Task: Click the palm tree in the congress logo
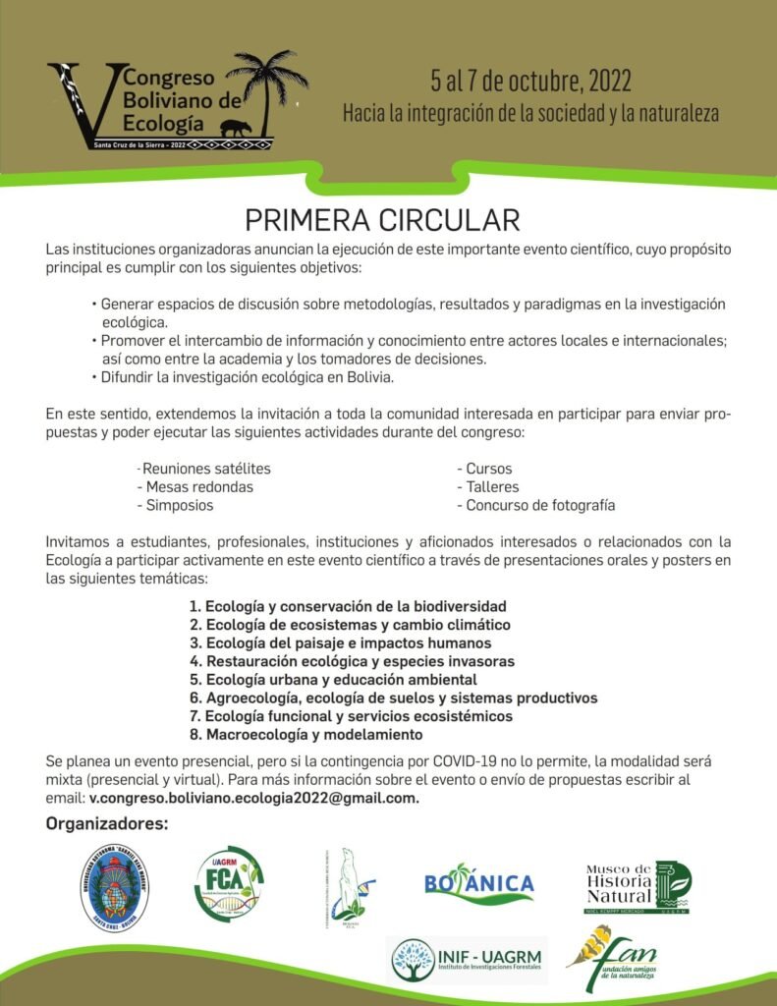click(266, 84)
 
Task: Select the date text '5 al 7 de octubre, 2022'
click(530, 81)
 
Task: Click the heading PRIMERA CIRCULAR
click(382, 219)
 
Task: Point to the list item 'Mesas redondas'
click(194, 487)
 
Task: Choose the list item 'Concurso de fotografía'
click(535, 506)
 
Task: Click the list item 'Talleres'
click(487, 487)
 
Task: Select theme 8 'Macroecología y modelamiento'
click(305, 735)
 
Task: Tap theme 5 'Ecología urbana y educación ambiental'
click(333, 680)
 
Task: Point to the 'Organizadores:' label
click(107, 823)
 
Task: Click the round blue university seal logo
click(114, 885)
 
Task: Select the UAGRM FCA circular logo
click(228, 884)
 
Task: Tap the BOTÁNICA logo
click(479, 883)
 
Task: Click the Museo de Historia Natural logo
click(638, 887)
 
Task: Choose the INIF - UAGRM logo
click(469, 960)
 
